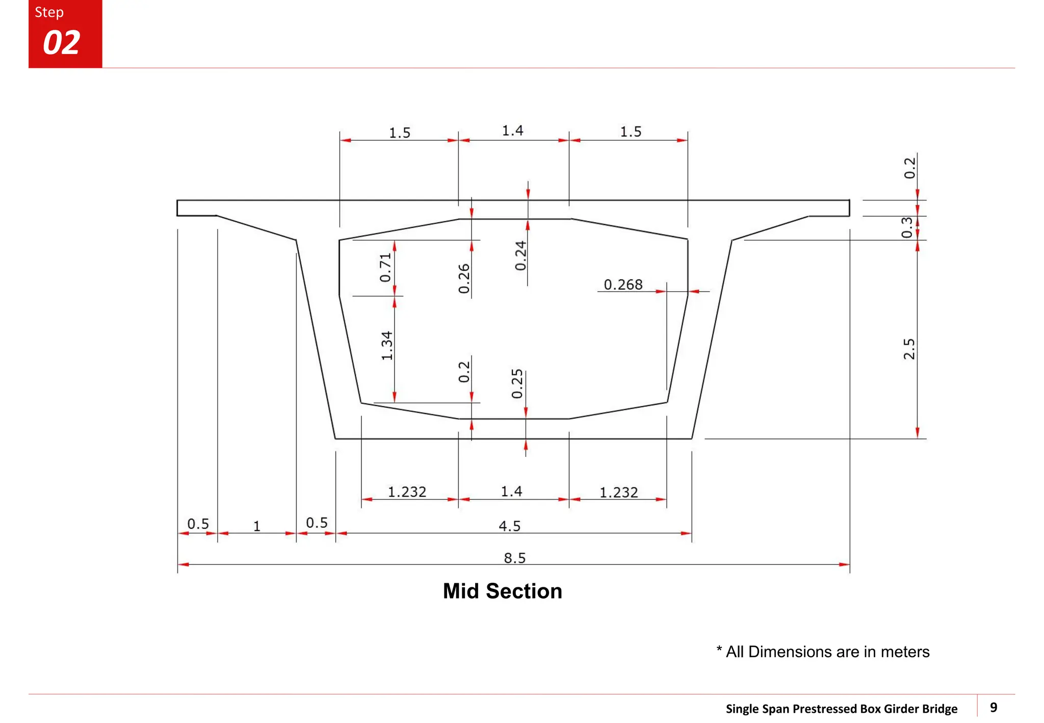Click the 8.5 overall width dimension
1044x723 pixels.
click(x=514, y=558)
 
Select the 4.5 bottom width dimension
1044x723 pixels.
click(x=509, y=526)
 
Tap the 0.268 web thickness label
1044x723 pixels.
click(x=623, y=285)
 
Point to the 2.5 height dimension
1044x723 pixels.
click(x=909, y=349)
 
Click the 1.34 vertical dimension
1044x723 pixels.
click(x=387, y=346)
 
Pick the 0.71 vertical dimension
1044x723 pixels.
click(x=385, y=268)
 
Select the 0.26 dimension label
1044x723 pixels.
click(x=464, y=278)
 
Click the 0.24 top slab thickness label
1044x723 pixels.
click(x=520, y=256)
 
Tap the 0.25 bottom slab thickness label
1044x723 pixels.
click(x=517, y=384)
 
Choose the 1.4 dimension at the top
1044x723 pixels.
click(x=512, y=131)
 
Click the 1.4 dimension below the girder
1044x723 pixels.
click(x=511, y=492)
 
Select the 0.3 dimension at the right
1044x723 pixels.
click(x=907, y=227)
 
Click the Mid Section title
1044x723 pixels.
click(x=502, y=591)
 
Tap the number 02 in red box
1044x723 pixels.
click(x=62, y=43)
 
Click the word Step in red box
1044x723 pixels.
click(x=49, y=12)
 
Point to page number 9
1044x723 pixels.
click(x=994, y=707)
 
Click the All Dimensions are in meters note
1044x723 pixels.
click(x=823, y=652)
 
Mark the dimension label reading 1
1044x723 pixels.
click(x=257, y=526)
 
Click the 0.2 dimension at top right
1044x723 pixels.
click(x=909, y=168)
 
